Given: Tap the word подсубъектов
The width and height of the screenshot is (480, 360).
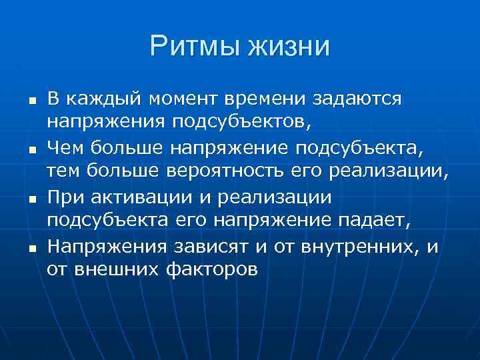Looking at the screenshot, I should click(227, 122).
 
